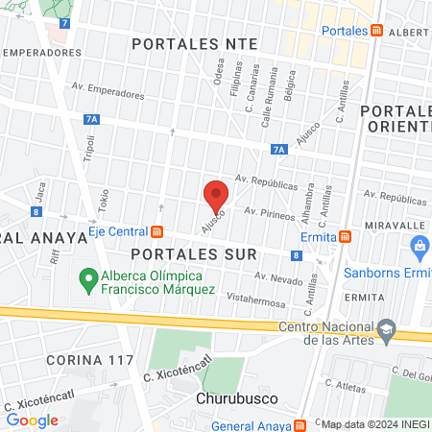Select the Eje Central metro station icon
[x=156, y=231]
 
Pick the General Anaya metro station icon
[x=301, y=424]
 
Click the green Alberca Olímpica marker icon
[x=84, y=282]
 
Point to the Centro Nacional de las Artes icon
[x=385, y=328]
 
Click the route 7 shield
[x=64, y=21]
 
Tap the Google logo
[x=33, y=420]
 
